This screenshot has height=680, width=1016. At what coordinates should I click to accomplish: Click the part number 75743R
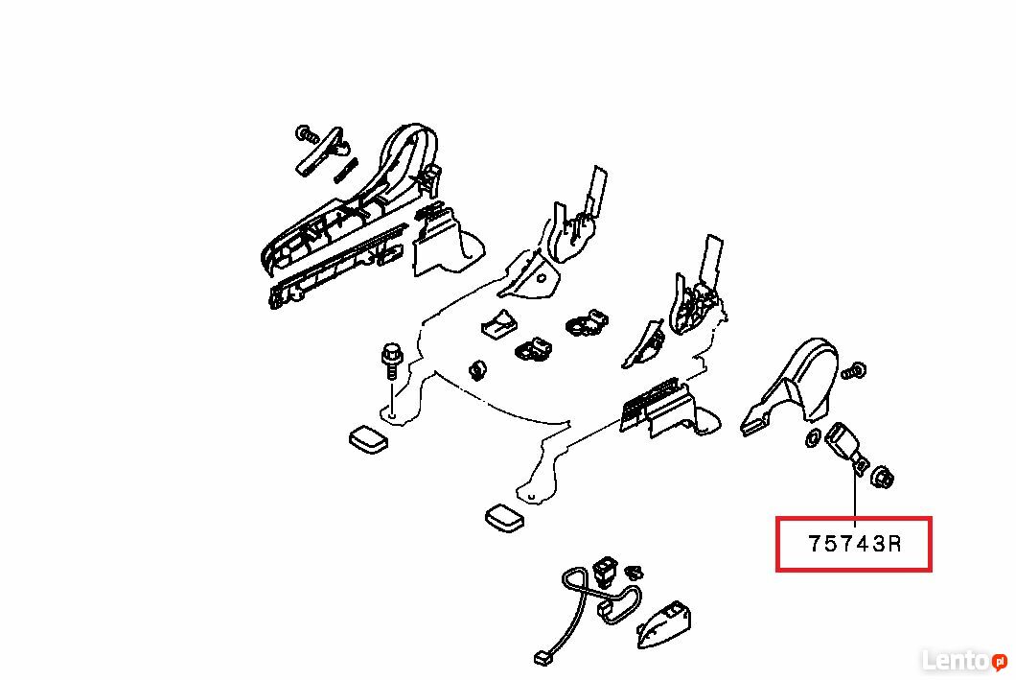(x=855, y=543)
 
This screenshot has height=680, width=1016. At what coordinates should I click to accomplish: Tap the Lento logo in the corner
(x=964, y=661)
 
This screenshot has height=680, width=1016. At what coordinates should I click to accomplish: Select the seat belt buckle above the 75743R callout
(x=845, y=446)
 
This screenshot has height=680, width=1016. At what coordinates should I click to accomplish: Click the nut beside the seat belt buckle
(x=883, y=477)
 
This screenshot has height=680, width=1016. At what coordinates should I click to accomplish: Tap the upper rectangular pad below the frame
(x=368, y=439)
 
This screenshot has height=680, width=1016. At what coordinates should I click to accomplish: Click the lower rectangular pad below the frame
(x=505, y=518)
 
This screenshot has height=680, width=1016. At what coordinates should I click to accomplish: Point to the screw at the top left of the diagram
(x=306, y=135)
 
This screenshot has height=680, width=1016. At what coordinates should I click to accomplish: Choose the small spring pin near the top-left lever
(x=347, y=170)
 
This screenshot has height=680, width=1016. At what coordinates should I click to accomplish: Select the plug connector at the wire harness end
(x=543, y=658)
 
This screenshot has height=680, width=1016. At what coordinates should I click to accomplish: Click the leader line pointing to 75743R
(x=855, y=498)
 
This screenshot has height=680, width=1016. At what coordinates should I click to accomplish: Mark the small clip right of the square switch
(x=634, y=572)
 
